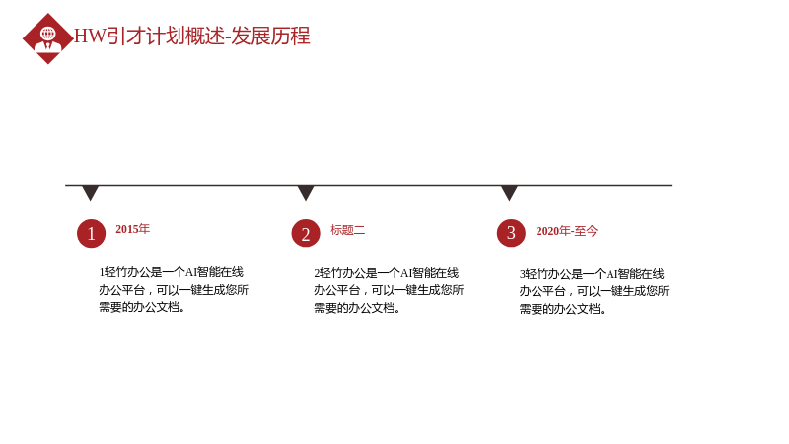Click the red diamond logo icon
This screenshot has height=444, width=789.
tap(47, 38)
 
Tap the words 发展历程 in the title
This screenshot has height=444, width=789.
tap(270, 36)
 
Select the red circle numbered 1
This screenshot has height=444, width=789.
tap(91, 233)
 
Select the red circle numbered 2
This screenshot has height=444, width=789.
tap(306, 233)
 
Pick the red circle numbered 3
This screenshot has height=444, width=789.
tap(511, 233)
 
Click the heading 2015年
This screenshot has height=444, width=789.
tap(133, 229)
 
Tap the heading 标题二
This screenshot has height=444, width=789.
tap(348, 230)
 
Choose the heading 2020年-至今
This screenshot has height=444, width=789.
tap(566, 231)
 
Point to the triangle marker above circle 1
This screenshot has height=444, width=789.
tap(90, 192)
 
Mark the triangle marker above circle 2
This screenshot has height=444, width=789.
tap(306, 192)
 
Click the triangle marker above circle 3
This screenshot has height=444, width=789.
tap(509, 192)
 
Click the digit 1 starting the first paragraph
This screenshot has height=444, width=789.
tap(102, 273)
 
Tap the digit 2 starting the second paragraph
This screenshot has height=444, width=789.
tap(317, 273)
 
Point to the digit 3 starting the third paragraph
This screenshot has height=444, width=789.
tap(523, 274)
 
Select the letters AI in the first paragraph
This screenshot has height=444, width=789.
tap(190, 273)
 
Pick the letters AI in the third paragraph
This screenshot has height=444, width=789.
tap(611, 274)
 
